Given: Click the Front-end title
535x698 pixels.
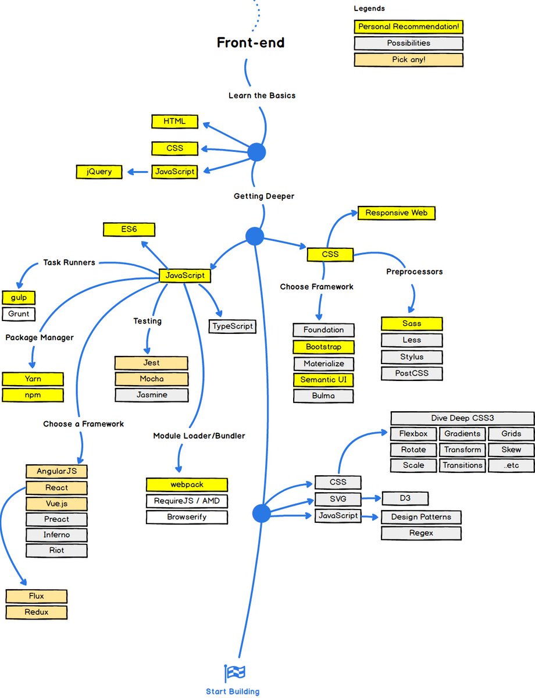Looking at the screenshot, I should pyautogui.click(x=251, y=42).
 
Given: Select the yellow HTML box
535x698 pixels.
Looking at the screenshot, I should pyautogui.click(x=174, y=122).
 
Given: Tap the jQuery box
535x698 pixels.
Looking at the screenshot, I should pyautogui.click(x=99, y=172).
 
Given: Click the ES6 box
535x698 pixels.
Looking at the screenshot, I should pyautogui.click(x=129, y=229).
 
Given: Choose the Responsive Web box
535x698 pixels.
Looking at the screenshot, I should pyautogui.click(x=396, y=213).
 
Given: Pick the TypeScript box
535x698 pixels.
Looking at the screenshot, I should pyautogui.click(x=232, y=326).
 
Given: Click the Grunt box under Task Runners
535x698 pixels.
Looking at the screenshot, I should pyautogui.click(x=19, y=314).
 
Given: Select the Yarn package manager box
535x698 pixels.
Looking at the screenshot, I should pyautogui.click(x=33, y=379).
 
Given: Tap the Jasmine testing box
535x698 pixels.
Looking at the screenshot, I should pyautogui.click(x=151, y=395).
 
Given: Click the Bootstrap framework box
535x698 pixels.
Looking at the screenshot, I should pyautogui.click(x=323, y=347).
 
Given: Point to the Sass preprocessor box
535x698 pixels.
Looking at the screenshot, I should pyautogui.click(x=412, y=323).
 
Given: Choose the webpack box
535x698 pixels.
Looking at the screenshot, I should pyautogui.click(x=187, y=485).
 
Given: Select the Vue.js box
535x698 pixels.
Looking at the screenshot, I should pyautogui.click(x=56, y=504).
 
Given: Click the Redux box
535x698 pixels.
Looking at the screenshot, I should pyautogui.click(x=37, y=612).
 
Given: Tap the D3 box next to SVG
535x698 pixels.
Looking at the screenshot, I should pyautogui.click(x=405, y=498).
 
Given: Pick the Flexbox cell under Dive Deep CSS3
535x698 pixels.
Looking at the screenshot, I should pyautogui.click(x=413, y=434).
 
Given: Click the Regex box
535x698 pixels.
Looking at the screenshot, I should pyautogui.click(x=421, y=533).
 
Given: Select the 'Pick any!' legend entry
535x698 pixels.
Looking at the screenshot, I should pyautogui.click(x=408, y=60).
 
